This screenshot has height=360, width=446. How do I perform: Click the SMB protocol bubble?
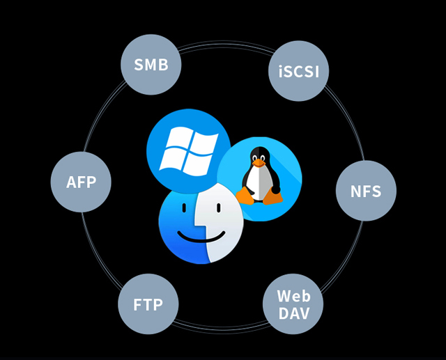[151, 65]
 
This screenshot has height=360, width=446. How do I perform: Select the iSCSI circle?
[299, 71]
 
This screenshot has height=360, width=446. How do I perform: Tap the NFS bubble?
[366, 190]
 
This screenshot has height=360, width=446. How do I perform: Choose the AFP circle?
[81, 182]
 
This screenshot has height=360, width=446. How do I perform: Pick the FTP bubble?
[148, 304]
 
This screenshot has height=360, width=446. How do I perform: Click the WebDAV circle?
[293, 304]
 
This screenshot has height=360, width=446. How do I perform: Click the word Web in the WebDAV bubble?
[293, 296]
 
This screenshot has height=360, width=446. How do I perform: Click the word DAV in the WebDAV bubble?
[293, 313]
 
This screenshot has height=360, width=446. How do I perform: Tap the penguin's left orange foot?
[245, 197]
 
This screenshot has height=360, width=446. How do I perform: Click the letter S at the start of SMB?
[139, 65]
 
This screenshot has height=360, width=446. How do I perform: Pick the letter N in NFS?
[355, 190]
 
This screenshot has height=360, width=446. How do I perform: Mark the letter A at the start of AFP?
[71, 182]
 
